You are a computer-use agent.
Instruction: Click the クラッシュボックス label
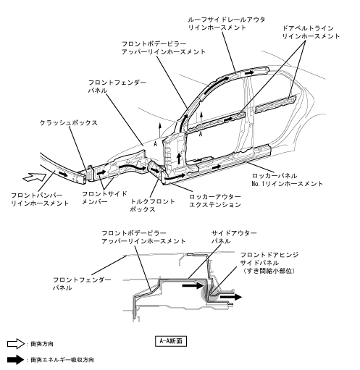(x=69, y=122)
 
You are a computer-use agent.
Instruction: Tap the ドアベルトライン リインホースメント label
(x=311, y=32)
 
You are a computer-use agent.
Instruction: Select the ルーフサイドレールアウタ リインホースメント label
(x=227, y=23)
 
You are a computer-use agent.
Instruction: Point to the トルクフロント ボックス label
(x=152, y=205)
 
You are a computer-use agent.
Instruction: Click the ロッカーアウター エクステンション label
(x=215, y=201)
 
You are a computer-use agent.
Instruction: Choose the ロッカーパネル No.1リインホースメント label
(x=287, y=180)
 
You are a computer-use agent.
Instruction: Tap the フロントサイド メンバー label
(x=104, y=198)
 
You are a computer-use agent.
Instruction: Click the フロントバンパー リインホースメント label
(x=40, y=199)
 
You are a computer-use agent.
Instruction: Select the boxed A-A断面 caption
(x=171, y=341)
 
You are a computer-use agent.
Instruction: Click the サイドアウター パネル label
(x=234, y=237)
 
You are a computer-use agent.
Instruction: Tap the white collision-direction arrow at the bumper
(x=35, y=177)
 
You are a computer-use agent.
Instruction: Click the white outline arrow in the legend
(x=16, y=344)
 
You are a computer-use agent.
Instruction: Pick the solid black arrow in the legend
(x=16, y=360)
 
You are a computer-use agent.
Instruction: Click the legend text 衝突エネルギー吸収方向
(x=62, y=360)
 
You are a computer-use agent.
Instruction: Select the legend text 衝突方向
(x=42, y=344)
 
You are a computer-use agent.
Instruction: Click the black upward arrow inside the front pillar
(x=179, y=159)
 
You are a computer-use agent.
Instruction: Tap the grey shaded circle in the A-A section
(x=210, y=292)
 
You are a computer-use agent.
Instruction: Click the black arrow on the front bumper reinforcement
(x=64, y=174)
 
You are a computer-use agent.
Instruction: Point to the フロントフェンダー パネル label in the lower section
(x=82, y=284)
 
